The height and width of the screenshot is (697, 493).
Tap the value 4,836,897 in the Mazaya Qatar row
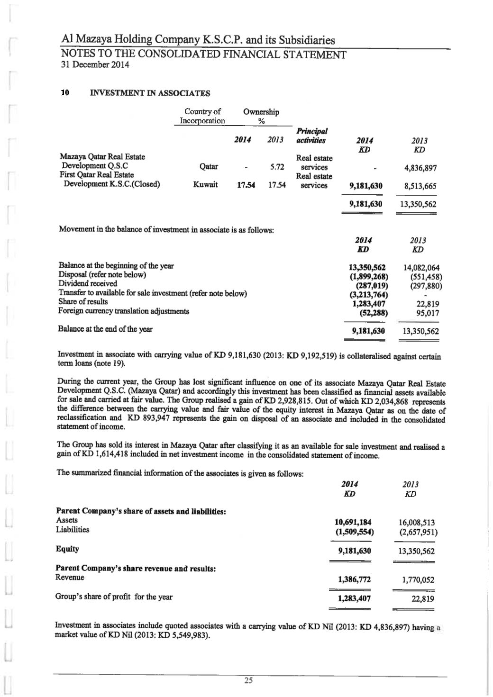417,168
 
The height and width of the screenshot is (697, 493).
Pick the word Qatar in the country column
209,167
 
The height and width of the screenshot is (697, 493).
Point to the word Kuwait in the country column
205,185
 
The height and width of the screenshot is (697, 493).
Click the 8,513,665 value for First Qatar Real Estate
417,186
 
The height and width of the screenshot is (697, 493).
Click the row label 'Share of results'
83,302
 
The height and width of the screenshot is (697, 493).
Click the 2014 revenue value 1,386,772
355,579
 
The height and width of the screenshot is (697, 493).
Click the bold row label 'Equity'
67,549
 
